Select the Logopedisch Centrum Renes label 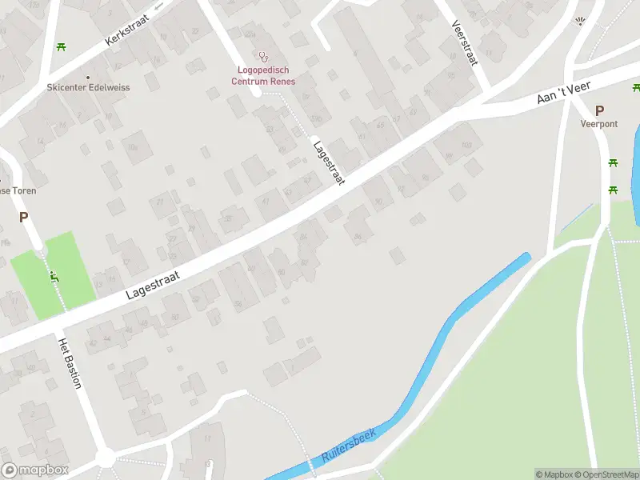tap(263, 76)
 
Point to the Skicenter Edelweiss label tap(88, 87)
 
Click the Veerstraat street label tap(464, 44)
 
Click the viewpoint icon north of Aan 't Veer tap(581, 22)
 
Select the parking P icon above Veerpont tap(599, 110)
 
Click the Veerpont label tap(599, 125)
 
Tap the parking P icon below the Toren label tap(23, 216)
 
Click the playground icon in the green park tap(54, 278)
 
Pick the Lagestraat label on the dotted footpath tap(328, 163)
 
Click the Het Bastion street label tap(70, 362)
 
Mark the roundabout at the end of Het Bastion tap(105, 458)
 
